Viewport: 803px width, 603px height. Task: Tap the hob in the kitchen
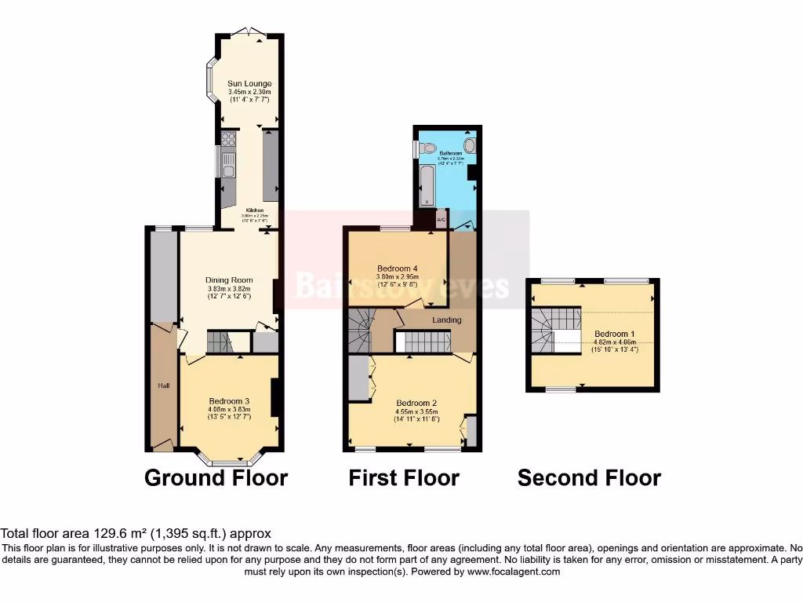(229, 141)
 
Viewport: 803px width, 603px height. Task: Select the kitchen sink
(228, 166)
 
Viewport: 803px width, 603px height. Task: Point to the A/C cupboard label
(441, 220)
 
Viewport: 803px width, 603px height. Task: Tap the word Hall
(164, 386)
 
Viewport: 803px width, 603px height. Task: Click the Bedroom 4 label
(398, 267)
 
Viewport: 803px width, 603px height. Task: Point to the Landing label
(447, 320)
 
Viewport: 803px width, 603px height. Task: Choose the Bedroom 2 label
(416, 403)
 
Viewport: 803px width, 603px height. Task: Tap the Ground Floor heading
(216, 477)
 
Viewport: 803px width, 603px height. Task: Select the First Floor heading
(404, 477)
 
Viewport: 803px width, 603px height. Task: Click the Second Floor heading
(589, 477)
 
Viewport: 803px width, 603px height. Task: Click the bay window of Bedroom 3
(229, 460)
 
